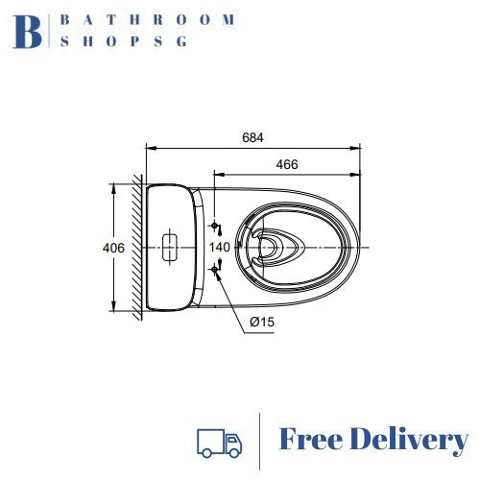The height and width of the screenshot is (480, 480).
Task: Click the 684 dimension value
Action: click(x=252, y=137)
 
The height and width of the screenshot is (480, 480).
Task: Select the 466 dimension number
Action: click(x=287, y=164)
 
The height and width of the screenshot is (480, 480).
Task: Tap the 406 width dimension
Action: click(x=113, y=248)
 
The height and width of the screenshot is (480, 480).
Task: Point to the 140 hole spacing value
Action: click(x=220, y=247)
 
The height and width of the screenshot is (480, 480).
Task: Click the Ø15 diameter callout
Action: click(x=262, y=322)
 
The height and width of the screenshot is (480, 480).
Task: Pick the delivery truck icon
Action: click(x=220, y=443)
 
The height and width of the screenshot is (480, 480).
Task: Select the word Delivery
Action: click(x=409, y=442)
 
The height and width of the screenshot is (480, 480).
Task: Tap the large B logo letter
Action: click(x=28, y=32)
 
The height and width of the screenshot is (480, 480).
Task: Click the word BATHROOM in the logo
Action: click(x=148, y=20)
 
